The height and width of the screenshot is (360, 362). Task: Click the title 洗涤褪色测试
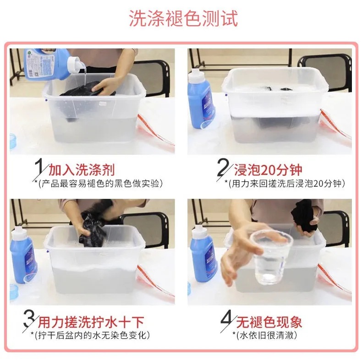(x=183, y=18)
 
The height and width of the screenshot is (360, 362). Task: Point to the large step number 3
(x=29, y=318)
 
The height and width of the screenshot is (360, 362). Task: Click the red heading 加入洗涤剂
(x=82, y=170)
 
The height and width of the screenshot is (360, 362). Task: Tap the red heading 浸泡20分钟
(x=268, y=170)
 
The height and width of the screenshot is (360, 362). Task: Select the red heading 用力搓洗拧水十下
(x=91, y=322)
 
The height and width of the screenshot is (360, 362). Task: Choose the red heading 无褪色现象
(x=269, y=322)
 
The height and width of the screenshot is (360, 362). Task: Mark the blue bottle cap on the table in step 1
(x=13, y=141)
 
